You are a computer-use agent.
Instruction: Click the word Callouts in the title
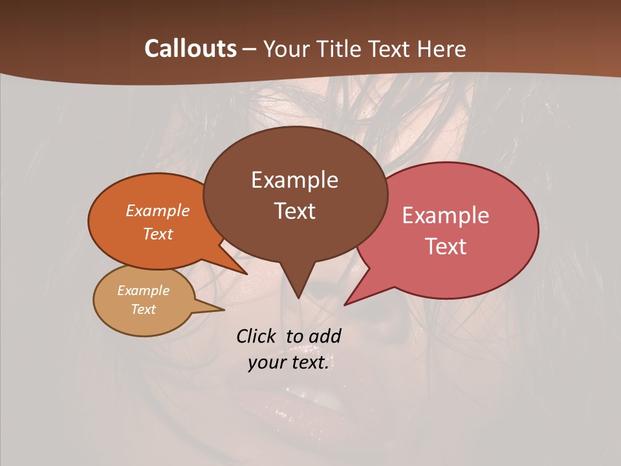tap(190, 49)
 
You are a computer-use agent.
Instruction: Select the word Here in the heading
tap(441, 49)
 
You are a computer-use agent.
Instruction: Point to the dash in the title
tap(250, 49)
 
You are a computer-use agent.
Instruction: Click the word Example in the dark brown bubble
tap(294, 180)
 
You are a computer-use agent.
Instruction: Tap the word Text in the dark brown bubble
tap(294, 211)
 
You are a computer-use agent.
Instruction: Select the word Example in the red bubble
tap(446, 216)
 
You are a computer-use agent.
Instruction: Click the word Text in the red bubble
tap(446, 247)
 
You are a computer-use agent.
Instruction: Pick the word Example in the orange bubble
tap(158, 211)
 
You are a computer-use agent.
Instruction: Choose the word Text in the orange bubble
tap(158, 234)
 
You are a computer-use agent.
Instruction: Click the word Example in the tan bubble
tap(143, 291)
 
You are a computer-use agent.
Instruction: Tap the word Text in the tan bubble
tap(143, 309)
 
